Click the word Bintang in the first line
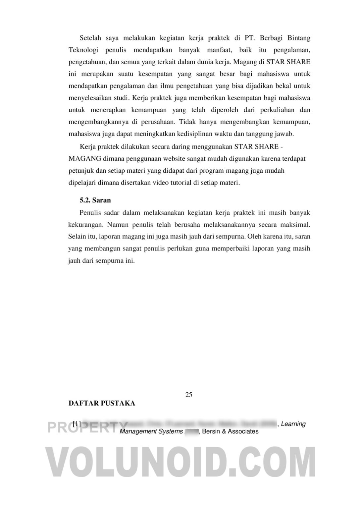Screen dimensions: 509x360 pos(299,38)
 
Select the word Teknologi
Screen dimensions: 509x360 pos(83,50)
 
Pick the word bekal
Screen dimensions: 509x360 pos(278,86)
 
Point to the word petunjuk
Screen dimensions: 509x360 pos(80,171)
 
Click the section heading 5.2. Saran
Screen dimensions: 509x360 pos(95,200)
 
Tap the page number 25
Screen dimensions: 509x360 pos(189,394)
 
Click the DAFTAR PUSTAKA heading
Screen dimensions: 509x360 pos(102,403)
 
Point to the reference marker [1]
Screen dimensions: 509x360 pos(77,424)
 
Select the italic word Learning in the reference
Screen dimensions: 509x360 pos(293,424)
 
